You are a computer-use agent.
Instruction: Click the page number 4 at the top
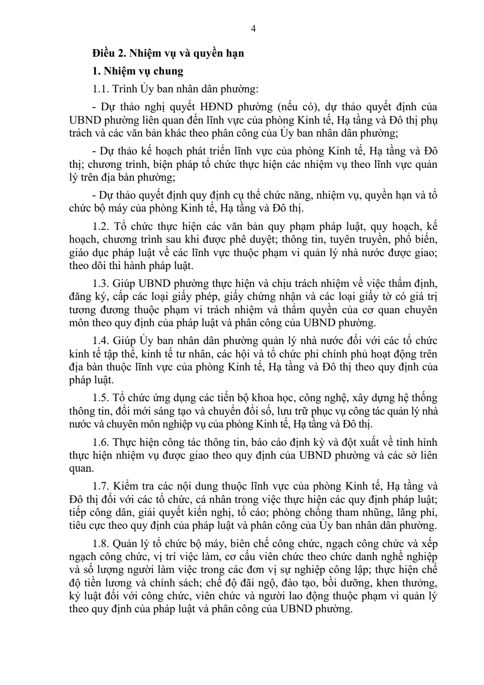[x=254, y=29]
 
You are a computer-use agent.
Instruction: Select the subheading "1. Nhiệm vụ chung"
[x=138, y=71]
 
